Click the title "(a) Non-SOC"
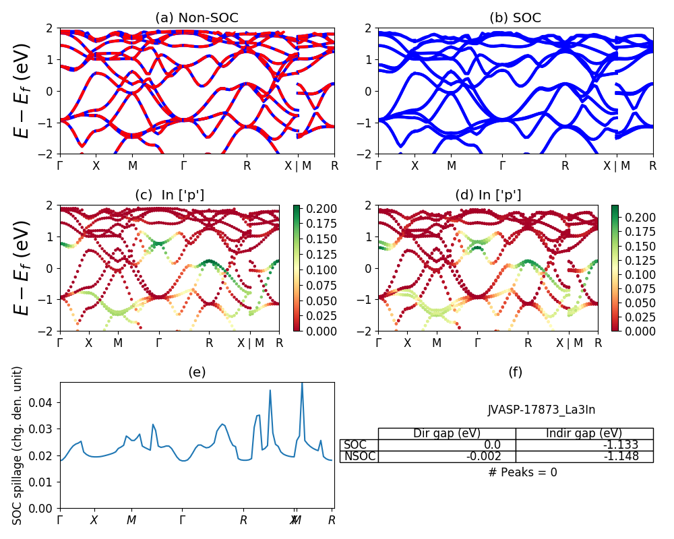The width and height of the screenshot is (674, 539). click(197, 18)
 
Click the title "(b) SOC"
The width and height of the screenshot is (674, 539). click(515, 18)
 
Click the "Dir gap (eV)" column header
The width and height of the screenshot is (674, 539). click(447, 433)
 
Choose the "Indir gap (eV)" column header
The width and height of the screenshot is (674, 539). click(584, 433)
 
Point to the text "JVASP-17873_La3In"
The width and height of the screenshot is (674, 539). click(541, 410)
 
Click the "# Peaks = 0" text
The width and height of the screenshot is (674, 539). click(522, 472)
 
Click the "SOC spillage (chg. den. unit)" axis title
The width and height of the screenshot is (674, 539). click(18, 445)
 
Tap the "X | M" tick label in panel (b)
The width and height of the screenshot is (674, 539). click(616, 166)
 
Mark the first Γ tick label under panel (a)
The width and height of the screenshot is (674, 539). click(60, 166)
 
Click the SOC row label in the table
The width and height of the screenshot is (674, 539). click(355, 445)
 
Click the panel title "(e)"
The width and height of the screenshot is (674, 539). click(197, 372)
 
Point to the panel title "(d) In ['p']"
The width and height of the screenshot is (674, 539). click(488, 195)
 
